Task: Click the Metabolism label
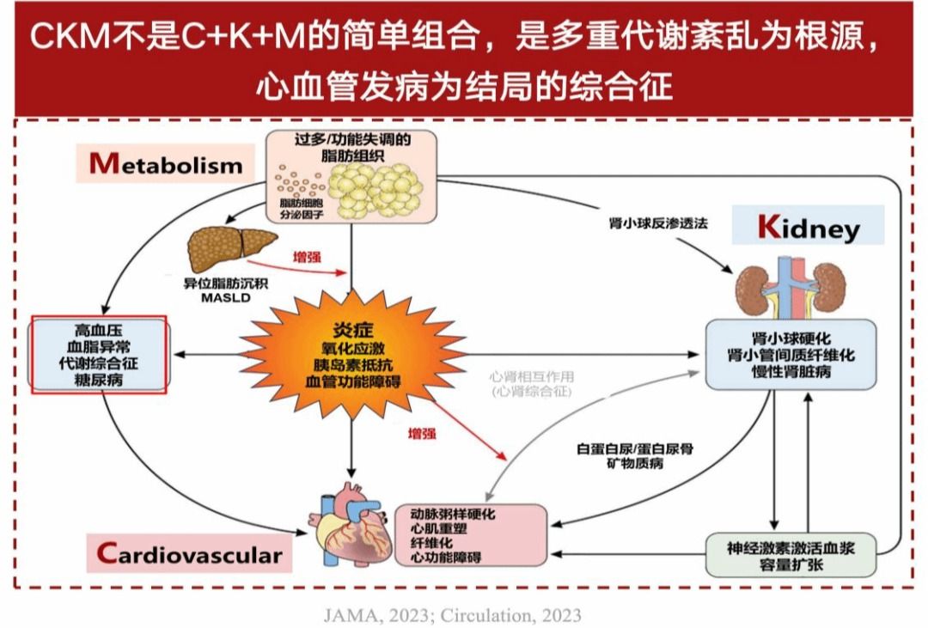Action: coord(167,163)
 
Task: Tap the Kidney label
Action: coord(807,228)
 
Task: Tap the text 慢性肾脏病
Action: coord(791,371)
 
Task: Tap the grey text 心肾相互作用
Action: coord(531,376)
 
